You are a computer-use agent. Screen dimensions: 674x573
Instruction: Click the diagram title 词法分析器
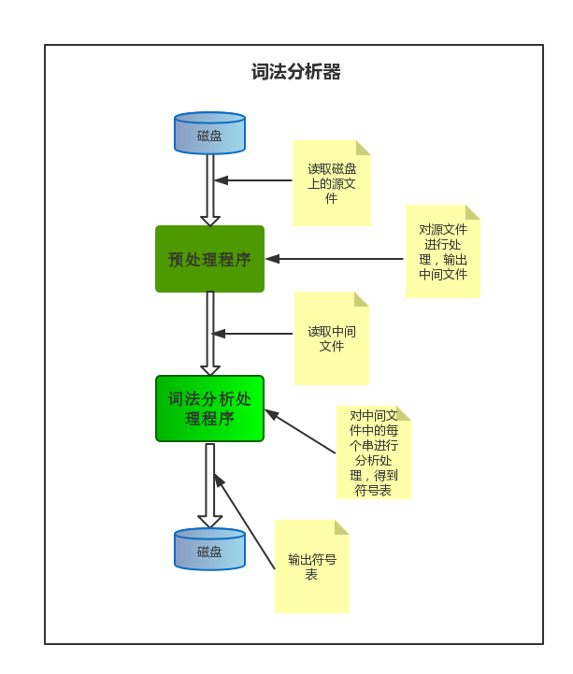295,72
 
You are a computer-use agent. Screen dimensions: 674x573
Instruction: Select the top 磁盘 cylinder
209,135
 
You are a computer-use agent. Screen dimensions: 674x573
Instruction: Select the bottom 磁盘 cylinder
209,550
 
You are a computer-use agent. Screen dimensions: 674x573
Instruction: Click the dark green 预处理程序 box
209,259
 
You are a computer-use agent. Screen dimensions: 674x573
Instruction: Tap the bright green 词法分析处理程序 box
209,409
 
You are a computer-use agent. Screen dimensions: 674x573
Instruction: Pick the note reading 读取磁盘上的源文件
331,183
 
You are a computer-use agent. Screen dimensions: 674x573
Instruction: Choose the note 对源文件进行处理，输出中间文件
442,251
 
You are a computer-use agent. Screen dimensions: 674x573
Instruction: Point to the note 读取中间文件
331,338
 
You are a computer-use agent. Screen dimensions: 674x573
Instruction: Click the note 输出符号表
311,566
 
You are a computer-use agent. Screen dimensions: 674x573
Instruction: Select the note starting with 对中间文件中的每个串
373,452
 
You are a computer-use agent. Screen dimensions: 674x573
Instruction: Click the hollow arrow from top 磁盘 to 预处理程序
210,190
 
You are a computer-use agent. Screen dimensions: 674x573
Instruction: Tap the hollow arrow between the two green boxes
210,334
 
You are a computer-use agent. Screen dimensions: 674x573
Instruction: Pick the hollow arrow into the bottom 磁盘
210,486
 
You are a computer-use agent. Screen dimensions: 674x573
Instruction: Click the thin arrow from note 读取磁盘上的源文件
254,180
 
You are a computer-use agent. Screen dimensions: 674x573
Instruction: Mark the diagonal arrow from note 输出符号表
244,521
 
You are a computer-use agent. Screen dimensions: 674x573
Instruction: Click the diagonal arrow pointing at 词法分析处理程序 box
300,432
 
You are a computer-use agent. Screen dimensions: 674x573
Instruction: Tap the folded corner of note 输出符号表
341,527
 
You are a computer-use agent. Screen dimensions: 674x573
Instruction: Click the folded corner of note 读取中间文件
361,299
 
